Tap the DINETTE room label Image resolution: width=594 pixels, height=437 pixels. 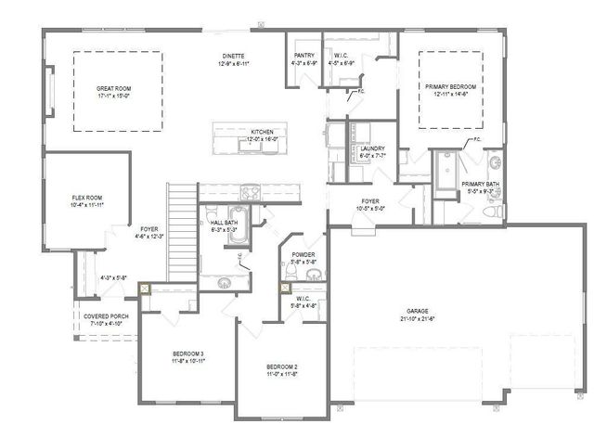click(x=234, y=58)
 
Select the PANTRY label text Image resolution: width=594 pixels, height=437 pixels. click(x=303, y=56)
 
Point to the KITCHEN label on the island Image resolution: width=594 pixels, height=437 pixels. click(x=263, y=133)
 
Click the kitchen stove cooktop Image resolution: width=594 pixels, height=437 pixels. click(x=252, y=193)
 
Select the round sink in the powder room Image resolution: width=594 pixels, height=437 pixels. click(x=316, y=275)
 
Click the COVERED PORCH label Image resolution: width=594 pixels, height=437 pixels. click(x=106, y=316)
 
